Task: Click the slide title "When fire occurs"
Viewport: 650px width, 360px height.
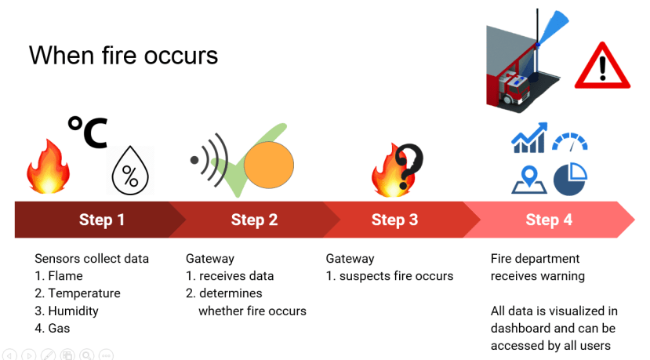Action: coord(123,55)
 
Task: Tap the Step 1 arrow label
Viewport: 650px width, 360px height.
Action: coord(102,220)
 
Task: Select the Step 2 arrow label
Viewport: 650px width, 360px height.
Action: coord(254,220)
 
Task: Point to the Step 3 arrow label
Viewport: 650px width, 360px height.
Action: coord(394,220)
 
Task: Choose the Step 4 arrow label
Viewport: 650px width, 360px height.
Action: coord(549,220)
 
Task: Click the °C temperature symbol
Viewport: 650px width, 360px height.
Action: coord(88,132)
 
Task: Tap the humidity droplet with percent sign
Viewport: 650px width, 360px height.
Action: coord(130,170)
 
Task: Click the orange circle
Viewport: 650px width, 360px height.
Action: coord(269,165)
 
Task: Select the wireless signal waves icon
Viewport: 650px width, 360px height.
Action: coord(209,160)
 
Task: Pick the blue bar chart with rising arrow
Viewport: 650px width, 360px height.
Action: coord(529,138)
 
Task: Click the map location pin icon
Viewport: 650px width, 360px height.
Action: coord(529,180)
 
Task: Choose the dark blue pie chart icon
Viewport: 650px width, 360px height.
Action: coord(570,179)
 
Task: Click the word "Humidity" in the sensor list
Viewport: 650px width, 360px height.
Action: coord(74,311)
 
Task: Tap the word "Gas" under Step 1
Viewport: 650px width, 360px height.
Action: coord(59,328)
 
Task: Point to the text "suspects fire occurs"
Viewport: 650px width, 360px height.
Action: coord(396,276)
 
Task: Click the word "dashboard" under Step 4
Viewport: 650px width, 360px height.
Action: coord(521,328)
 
